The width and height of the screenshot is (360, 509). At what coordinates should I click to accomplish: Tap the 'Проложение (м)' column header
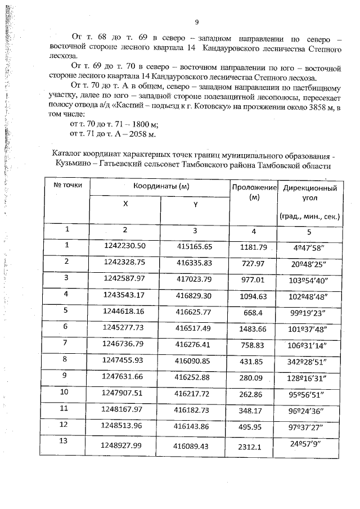(x=253, y=192)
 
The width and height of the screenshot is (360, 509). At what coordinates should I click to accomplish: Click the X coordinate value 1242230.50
(x=125, y=245)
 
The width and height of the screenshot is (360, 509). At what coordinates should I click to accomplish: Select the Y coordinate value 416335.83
(x=193, y=262)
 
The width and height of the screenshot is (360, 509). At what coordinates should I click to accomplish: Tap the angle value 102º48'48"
(x=312, y=294)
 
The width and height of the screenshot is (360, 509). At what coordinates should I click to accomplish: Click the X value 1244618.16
(x=125, y=310)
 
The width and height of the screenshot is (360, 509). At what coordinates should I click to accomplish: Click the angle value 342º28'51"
(x=312, y=359)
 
